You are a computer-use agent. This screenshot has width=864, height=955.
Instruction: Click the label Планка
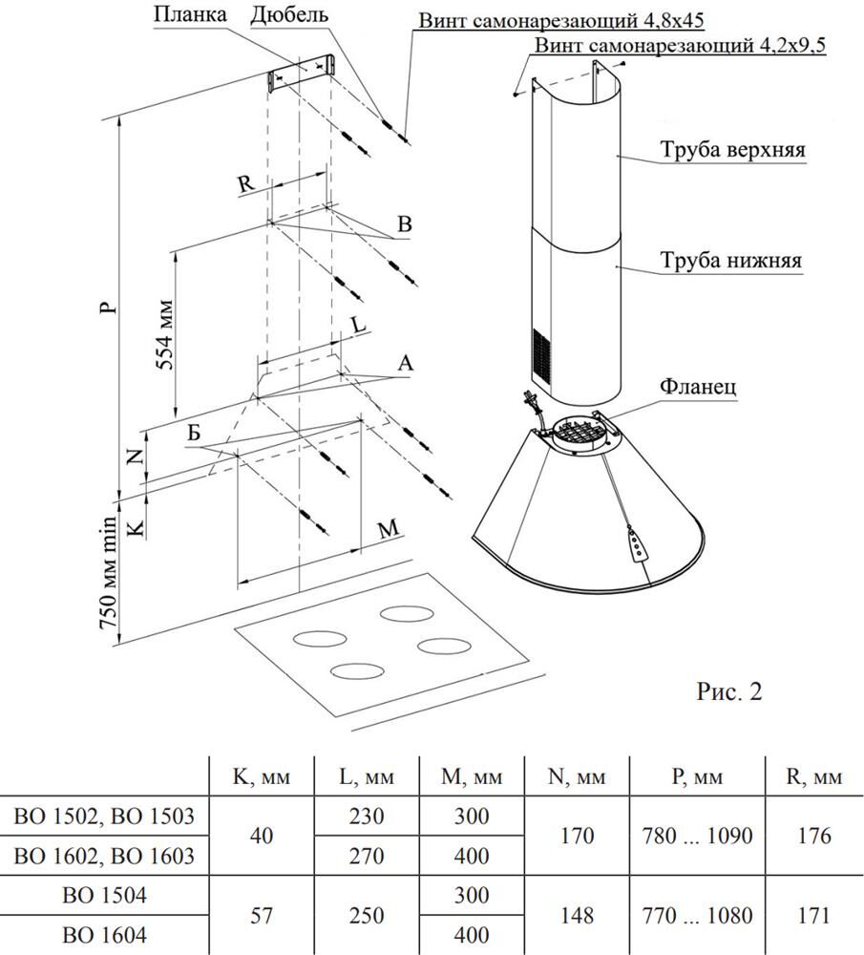click(x=194, y=16)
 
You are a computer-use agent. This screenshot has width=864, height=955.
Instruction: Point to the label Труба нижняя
click(x=729, y=260)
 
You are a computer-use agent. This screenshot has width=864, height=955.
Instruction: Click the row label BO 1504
click(x=106, y=896)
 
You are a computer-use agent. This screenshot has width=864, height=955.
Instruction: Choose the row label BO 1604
click(x=106, y=936)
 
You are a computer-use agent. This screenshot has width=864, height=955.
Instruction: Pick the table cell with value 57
click(x=261, y=916)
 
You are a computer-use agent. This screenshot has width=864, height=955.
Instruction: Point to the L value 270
click(x=367, y=857)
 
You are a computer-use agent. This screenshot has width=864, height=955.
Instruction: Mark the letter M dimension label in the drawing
click(x=387, y=531)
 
